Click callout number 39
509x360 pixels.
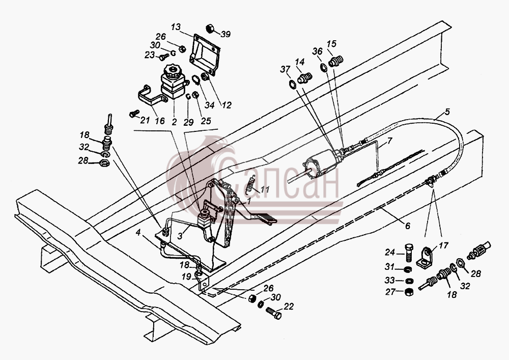(225, 34)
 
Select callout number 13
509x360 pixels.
(175, 27)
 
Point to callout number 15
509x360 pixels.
(331, 43)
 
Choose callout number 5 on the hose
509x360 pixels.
(447, 113)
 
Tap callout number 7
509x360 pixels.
(389, 141)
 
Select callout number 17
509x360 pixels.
(443, 245)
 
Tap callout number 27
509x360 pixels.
(390, 292)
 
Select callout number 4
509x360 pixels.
(138, 232)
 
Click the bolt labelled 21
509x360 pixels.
(134, 114)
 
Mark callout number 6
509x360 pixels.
(407, 225)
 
